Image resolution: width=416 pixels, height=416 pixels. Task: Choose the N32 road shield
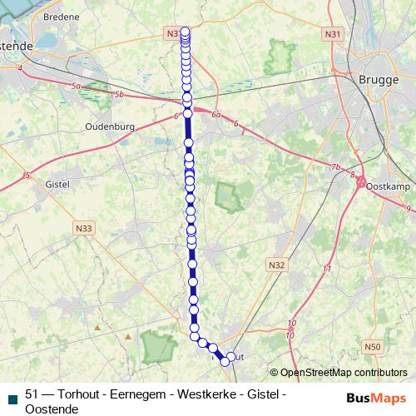[x=276, y=265]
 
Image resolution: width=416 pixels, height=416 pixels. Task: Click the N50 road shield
[x=372, y=345]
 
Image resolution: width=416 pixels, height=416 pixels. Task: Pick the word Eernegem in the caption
[x=144, y=394]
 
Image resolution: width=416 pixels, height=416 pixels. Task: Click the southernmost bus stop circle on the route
[x=225, y=361]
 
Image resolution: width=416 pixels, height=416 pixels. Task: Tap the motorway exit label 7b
[x=336, y=168]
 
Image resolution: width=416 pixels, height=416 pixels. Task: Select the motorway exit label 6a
[x=217, y=114]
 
